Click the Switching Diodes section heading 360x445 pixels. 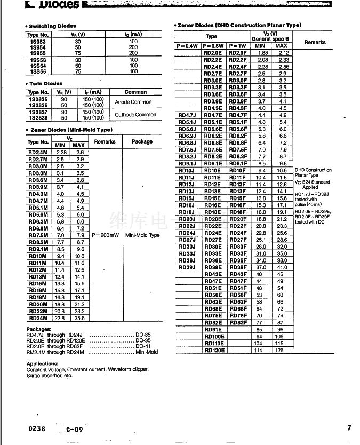(x=52, y=26)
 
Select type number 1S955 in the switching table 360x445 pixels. (x=37, y=53)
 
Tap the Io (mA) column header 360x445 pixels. (x=133, y=35)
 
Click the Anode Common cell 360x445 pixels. (x=133, y=102)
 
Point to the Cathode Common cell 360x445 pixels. (x=135, y=115)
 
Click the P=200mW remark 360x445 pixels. (x=105, y=235)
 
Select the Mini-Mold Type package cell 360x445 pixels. (x=142, y=235)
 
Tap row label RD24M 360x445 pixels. (x=38, y=318)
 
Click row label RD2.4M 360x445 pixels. (x=38, y=152)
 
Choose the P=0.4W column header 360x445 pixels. (x=188, y=46)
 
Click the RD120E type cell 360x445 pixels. (x=214, y=351)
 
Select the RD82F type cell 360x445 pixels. (x=238, y=323)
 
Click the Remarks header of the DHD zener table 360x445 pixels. (x=315, y=42)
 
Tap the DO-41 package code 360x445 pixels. (x=143, y=346)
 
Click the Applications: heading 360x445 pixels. (x=42, y=364)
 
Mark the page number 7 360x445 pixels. (x=349, y=427)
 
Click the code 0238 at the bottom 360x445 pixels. (x=37, y=428)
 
